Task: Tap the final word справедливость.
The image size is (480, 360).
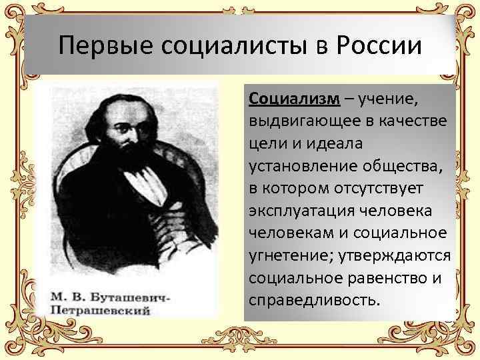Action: point(314,299)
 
